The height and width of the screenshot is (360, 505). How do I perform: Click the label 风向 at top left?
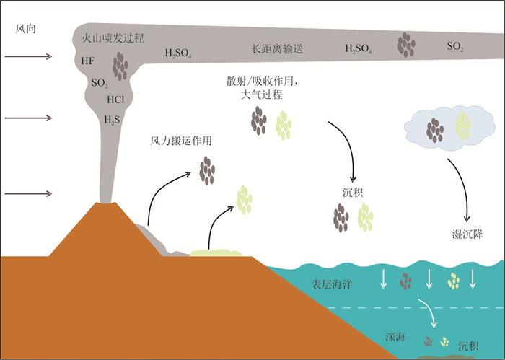click(26, 28)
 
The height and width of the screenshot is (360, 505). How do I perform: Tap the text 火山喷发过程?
click(113, 39)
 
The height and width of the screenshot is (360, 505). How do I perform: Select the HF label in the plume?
click(87, 62)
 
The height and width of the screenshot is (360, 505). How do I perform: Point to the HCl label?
click(118, 100)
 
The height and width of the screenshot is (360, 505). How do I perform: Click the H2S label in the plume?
click(113, 120)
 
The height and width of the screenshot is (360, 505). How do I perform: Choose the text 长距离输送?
click(277, 49)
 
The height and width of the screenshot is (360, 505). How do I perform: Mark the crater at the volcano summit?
click(108, 203)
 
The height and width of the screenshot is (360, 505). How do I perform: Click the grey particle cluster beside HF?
click(120, 66)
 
